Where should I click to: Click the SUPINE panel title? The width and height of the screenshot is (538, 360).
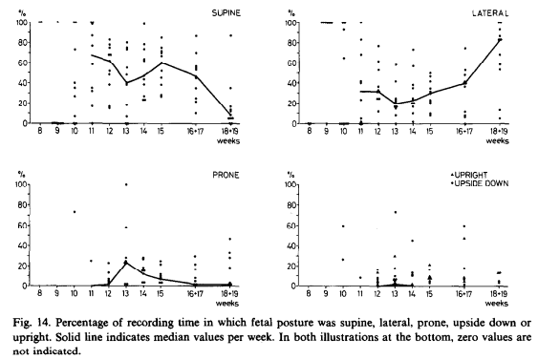pyautogui.click(x=226, y=13)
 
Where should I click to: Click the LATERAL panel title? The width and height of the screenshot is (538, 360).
pyautogui.click(x=490, y=13)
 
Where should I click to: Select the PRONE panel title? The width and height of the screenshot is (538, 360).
pyautogui.click(x=226, y=175)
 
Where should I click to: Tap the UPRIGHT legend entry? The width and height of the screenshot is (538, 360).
pyautogui.click(x=468, y=175)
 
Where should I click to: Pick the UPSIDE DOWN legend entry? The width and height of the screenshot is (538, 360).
pyautogui.click(x=480, y=183)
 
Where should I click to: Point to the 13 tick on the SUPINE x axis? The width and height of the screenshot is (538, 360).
pyautogui.click(x=126, y=131)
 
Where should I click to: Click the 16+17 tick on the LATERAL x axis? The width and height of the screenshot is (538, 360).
pyautogui.click(x=463, y=132)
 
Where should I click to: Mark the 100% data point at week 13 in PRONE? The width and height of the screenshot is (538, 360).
pyautogui.click(x=126, y=184)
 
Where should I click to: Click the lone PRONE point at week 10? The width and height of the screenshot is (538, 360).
pyautogui.click(x=75, y=212)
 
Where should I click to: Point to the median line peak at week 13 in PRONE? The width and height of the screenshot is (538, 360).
pyautogui.click(x=126, y=263)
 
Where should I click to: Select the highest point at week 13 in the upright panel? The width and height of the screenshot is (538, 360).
pyautogui.click(x=395, y=212)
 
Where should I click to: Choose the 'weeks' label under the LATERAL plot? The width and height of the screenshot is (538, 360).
pyautogui.click(x=498, y=141)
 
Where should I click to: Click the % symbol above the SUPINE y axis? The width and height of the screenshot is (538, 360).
pyautogui.click(x=21, y=13)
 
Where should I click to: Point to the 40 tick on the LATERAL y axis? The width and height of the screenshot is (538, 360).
pyautogui.click(x=291, y=83)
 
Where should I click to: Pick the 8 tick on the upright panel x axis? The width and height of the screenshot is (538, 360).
pyautogui.click(x=309, y=293)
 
